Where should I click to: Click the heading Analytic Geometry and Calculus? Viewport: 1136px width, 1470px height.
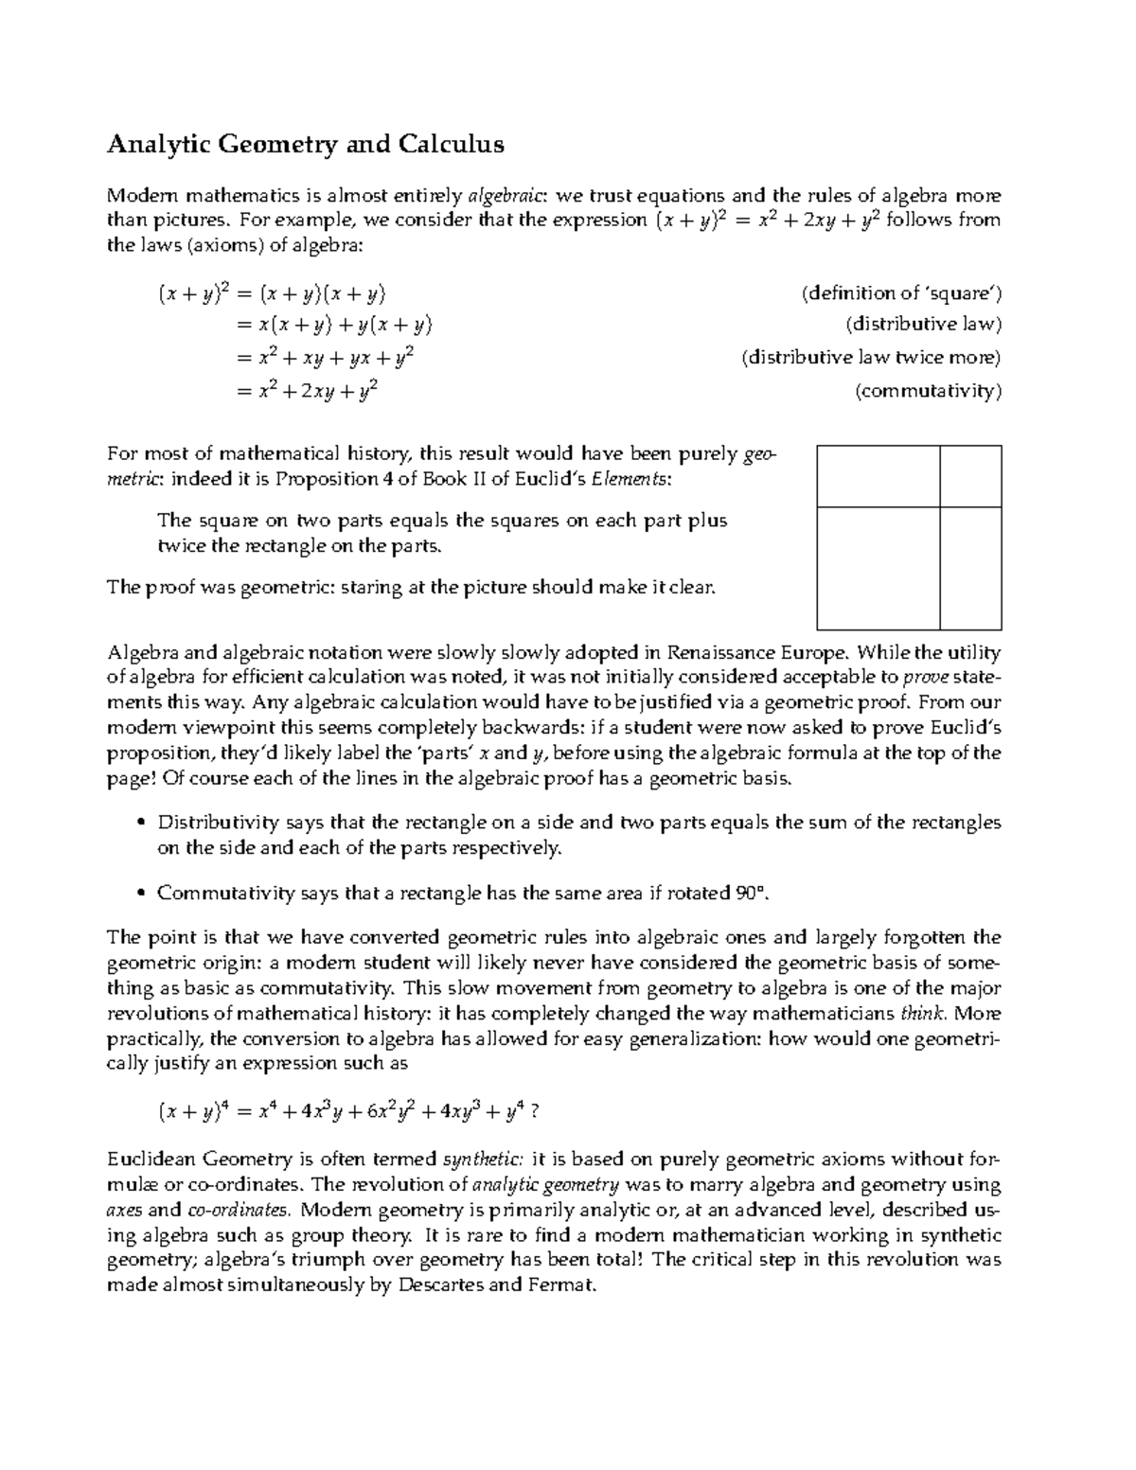[305, 145]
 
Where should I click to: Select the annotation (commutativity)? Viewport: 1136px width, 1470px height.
[927, 391]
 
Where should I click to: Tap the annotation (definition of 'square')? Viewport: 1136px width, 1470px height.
[901, 293]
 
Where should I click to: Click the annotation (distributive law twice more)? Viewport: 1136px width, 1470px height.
[871, 358]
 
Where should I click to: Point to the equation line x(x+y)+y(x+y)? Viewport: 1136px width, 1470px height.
[332, 325]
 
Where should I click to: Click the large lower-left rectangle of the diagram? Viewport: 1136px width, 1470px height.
[878, 568]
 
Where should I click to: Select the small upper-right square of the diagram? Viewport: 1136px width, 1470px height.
[970, 476]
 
